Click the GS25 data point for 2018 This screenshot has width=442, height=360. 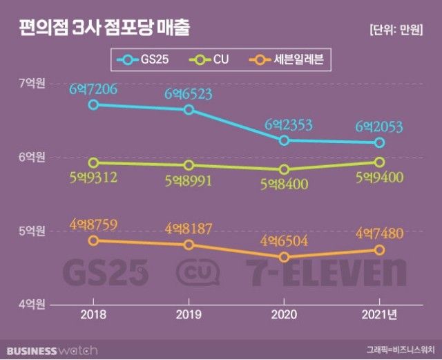click(x=93, y=104)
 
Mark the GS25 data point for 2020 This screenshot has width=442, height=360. click(x=284, y=140)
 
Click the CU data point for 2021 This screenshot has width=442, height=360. click(x=379, y=162)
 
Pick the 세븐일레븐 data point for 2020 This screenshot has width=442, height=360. click(x=284, y=257)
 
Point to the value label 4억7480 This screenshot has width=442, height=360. click(x=378, y=231)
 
